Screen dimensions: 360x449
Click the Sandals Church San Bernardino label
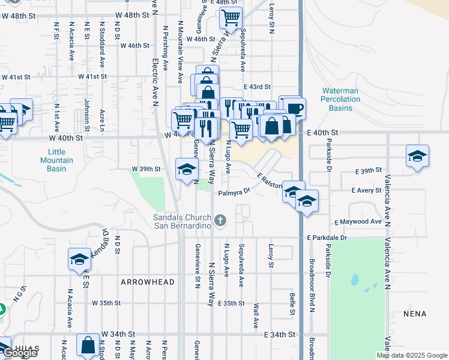click(x=182, y=221)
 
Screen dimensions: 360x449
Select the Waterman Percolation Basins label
click(x=340, y=99)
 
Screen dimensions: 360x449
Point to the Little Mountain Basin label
click(x=56, y=160)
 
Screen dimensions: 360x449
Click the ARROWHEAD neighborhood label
click(x=147, y=282)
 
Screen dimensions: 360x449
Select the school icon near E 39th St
click(x=417, y=156)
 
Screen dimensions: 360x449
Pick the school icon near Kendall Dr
click(x=79, y=259)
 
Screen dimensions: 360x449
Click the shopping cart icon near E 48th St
click(x=230, y=18)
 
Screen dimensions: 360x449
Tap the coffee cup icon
click(x=295, y=109)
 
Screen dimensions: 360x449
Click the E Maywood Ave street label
click(x=358, y=222)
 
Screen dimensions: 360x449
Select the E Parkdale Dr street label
click(x=327, y=238)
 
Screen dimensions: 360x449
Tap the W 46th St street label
click(x=134, y=45)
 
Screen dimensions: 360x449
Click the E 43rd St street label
click(x=257, y=87)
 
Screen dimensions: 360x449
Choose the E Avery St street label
click(x=366, y=190)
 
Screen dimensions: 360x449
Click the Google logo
click(x=20, y=353)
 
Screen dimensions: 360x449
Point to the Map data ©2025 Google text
click(x=412, y=355)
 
